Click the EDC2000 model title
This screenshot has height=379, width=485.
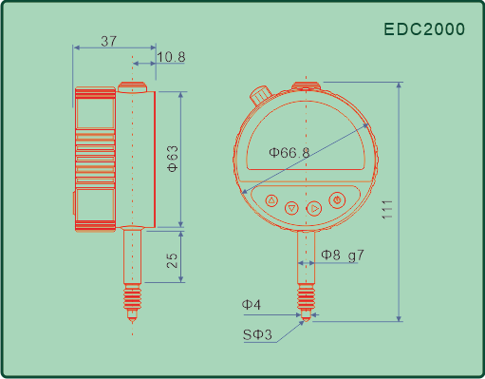click(424, 29)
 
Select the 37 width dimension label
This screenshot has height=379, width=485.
click(109, 41)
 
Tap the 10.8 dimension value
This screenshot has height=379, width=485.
click(171, 57)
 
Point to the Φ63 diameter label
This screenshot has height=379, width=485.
click(173, 159)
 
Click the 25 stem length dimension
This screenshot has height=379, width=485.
click(172, 260)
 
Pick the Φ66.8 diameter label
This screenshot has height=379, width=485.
click(289, 153)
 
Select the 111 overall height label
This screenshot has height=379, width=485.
click(387, 210)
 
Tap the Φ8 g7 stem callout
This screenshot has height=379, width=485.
click(343, 255)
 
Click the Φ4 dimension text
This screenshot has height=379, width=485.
click(252, 305)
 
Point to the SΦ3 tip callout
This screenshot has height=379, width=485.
click(257, 334)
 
